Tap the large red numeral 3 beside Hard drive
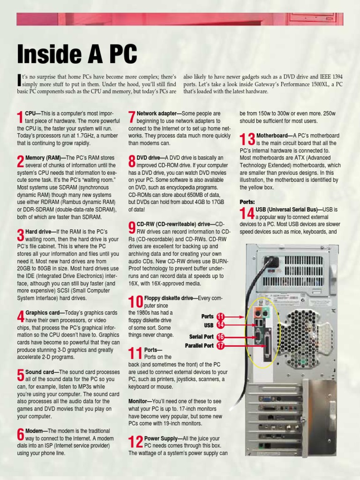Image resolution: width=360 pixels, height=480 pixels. pos(20,236)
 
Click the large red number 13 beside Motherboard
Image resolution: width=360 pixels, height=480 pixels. pos(247,139)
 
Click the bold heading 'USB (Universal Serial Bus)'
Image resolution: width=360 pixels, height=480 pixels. pos(296,209)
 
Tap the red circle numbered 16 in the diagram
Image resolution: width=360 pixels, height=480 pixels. pos(220,337)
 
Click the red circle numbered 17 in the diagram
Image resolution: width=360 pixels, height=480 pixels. pos(220,346)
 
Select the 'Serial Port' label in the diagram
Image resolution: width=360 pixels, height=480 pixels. pos(201,337)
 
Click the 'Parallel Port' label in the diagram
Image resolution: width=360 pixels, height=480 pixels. pos(199,346)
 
